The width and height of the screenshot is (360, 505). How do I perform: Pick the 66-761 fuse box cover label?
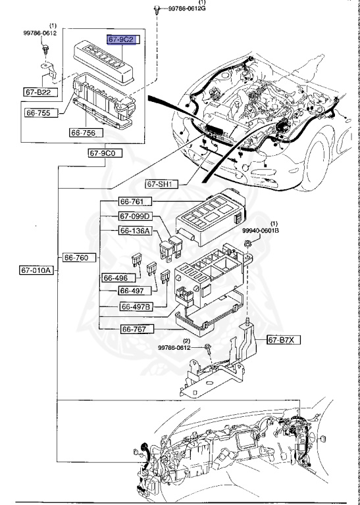point(136,201)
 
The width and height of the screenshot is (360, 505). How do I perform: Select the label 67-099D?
point(136,216)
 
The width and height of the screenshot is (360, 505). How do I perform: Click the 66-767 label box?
point(136,329)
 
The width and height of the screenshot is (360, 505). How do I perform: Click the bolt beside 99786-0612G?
point(157,9)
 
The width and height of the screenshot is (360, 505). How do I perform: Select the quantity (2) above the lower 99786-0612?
point(186,341)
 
